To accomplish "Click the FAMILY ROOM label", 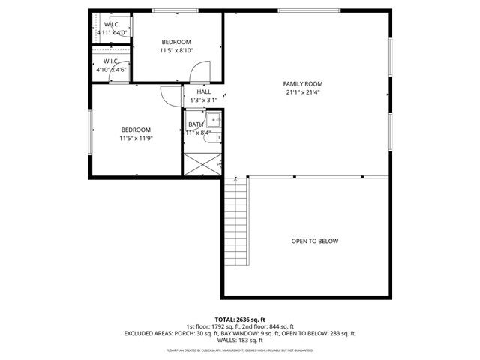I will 302,83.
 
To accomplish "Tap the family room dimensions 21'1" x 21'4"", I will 302,93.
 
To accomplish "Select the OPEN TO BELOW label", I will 314,241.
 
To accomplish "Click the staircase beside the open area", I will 236,221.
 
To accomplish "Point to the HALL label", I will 203,91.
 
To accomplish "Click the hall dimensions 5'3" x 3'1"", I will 203,100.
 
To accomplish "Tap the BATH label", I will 195,124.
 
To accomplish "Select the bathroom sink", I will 215,120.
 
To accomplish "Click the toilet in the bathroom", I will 217,137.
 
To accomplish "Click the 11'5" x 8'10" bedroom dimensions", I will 176,51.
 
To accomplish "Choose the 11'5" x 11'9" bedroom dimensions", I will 136,139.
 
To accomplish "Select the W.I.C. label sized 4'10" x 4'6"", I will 112,69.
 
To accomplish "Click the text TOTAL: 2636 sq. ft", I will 240,319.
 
